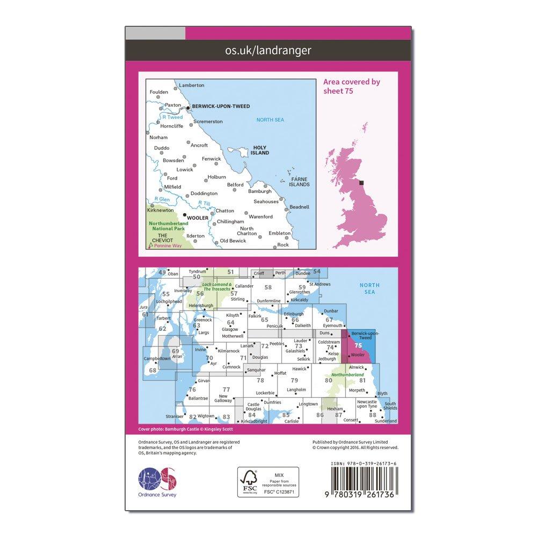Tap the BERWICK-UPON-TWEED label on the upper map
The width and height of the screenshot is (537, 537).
click(221, 107)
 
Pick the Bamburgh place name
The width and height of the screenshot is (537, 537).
click(260, 191)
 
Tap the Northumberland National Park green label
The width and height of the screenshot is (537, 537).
click(168, 226)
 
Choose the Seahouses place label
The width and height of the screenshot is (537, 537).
click(266, 201)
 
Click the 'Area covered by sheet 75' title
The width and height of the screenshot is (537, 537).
click(351, 86)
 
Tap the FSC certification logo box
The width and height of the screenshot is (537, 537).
click(268, 482)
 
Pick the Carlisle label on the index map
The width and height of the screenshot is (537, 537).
click(291, 421)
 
